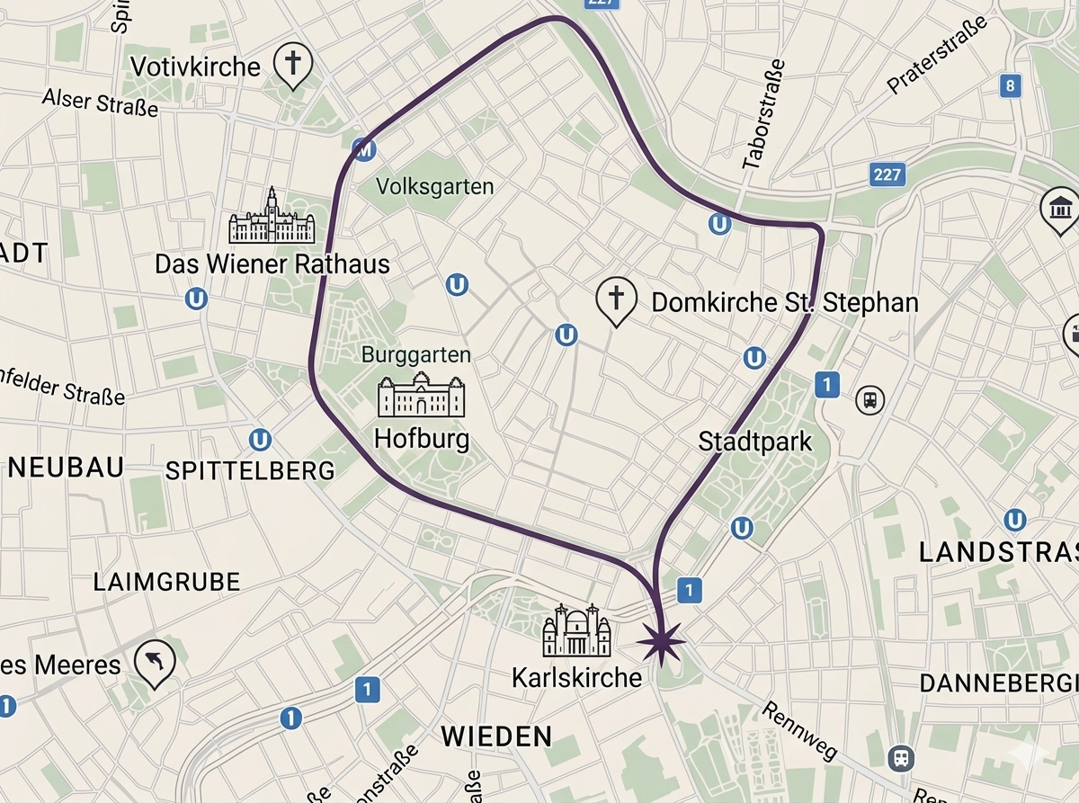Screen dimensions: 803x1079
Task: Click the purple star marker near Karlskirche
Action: (661, 641)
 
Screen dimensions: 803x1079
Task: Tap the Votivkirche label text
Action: (195, 67)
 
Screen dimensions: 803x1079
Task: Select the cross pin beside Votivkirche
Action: (292, 64)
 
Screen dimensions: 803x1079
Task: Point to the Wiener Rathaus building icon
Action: (272, 218)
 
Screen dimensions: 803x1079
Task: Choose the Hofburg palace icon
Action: (422, 396)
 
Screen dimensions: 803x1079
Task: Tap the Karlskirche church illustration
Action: (576, 631)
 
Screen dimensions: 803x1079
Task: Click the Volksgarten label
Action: (435, 187)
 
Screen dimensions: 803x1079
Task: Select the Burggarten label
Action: (415, 354)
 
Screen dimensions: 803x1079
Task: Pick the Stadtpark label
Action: (754, 442)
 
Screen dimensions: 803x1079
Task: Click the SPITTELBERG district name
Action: (250, 470)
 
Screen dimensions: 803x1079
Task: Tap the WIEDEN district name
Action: (495, 736)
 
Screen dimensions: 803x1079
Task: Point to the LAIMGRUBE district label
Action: (166, 582)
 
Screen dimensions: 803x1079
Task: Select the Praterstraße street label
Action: (937, 55)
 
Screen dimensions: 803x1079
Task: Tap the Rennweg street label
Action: (799, 729)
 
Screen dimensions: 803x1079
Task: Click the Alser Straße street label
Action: (100, 102)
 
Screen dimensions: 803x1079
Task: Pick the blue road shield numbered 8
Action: (1011, 85)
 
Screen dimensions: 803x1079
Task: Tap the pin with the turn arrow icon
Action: (155, 664)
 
